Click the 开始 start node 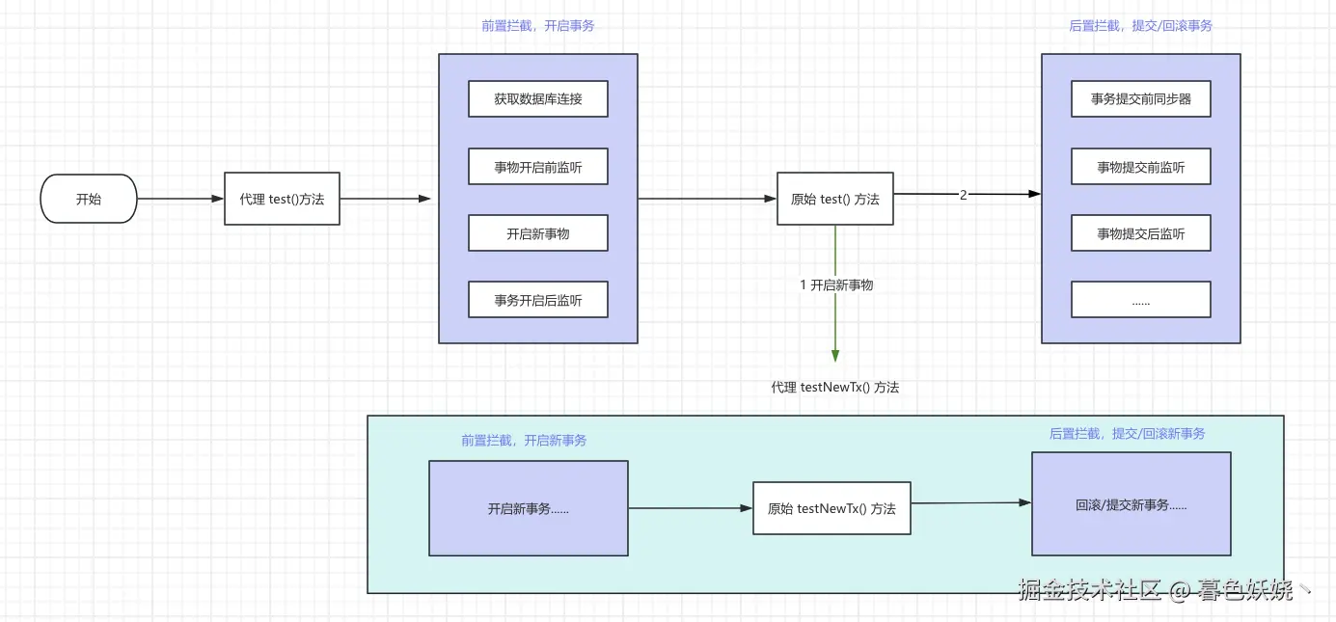pos(89,200)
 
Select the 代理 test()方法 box pos(282,199)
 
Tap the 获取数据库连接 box pos(538,98)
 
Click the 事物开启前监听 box pos(538,167)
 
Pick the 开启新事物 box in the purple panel pos(538,233)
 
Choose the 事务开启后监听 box pos(538,300)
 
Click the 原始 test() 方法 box pos(835,199)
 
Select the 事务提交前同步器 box pos(1141,98)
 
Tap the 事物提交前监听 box pos(1141,167)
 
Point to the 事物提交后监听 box pos(1141,233)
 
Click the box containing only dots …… pos(1141,300)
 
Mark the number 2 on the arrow pos(963,195)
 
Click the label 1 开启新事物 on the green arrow pos(836,285)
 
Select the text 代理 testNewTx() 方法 pos(835,388)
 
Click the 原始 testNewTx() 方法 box pos(832,508)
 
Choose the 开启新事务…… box pos(529,508)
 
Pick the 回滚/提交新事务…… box pos(1132,504)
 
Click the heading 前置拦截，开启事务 pos(538,26)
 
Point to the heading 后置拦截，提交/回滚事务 pos(1141,26)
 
